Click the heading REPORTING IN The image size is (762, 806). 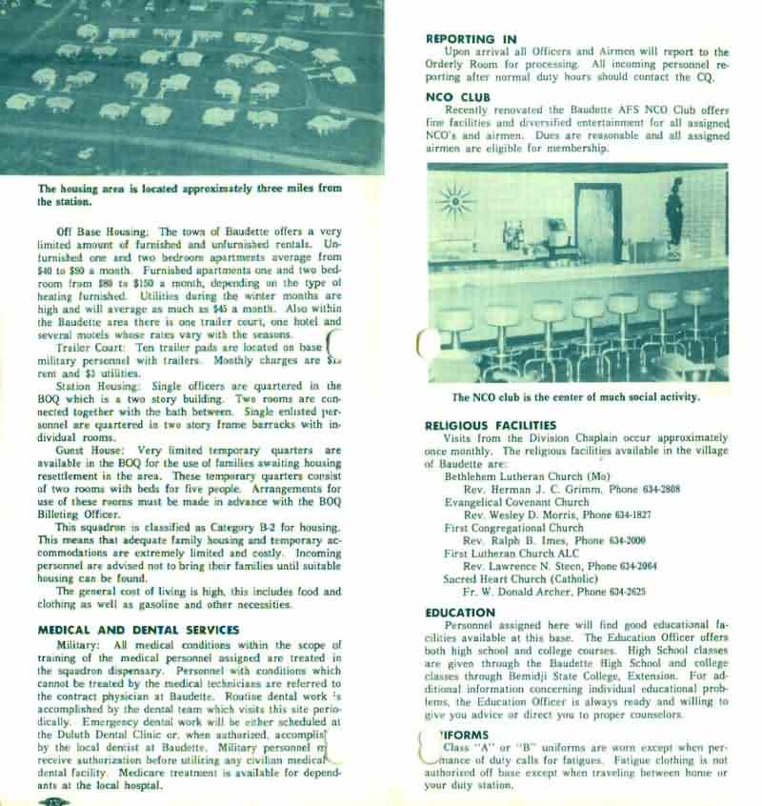tap(471, 39)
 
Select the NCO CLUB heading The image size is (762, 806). tap(458, 97)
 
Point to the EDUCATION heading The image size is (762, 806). tap(460, 612)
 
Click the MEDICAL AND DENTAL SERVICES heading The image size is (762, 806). tap(138, 629)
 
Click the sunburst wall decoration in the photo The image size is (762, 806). tap(457, 204)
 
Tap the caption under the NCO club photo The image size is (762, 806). tap(576, 396)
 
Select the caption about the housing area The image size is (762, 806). tap(189, 194)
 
